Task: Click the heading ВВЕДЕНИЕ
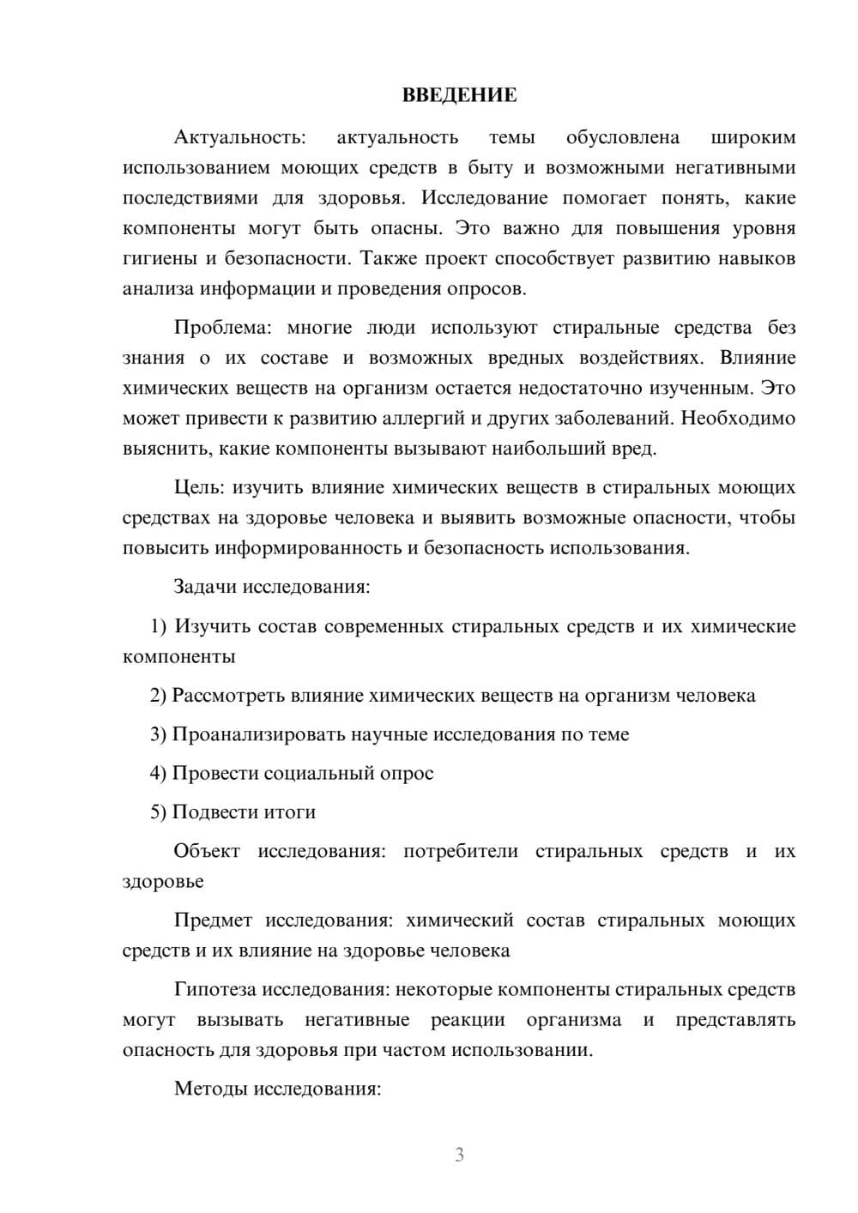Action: tap(459, 95)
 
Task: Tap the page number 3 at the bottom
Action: tap(459, 1155)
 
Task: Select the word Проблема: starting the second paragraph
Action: tap(223, 328)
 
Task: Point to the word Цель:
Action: tap(199, 488)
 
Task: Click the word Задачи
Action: tap(206, 588)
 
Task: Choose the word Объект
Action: tap(207, 852)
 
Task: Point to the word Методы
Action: tap(207, 1089)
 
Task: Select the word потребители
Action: tap(461, 852)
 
